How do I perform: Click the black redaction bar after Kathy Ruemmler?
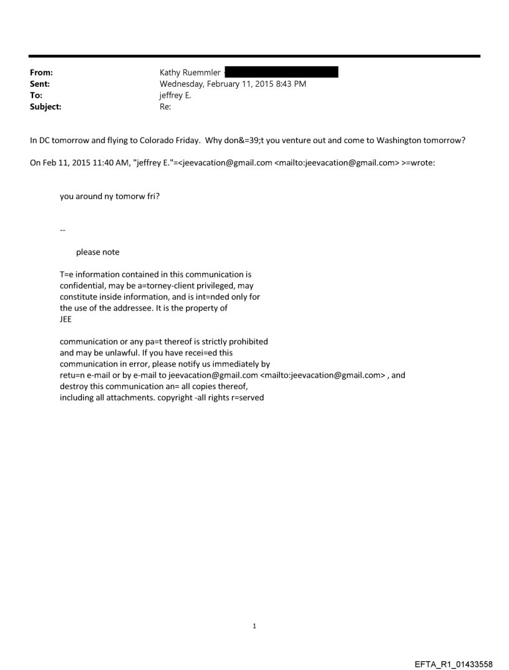[281, 72]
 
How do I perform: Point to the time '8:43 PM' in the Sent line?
[289, 84]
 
